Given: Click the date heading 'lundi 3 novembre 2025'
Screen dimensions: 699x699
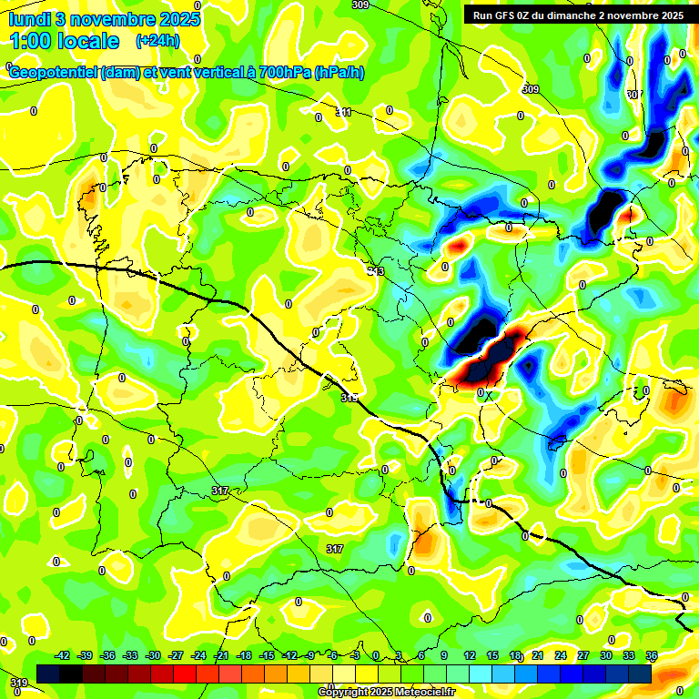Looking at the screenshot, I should (105, 18).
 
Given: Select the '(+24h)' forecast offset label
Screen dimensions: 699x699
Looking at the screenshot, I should (157, 41).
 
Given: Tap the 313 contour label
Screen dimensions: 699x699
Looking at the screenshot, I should (376, 271).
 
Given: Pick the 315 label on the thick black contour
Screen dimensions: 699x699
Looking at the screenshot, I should (349, 399).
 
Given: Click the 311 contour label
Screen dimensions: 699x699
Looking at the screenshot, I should (343, 112).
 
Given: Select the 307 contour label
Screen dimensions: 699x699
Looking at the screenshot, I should (634, 95).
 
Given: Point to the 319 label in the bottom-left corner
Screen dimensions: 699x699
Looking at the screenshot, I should (18, 683).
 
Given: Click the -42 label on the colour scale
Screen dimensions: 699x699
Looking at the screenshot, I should (63, 656).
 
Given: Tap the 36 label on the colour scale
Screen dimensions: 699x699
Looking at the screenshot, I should (652, 656).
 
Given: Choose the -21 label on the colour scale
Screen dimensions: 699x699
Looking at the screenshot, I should (221, 656).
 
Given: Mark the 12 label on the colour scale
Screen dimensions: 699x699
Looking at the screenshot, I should (470, 656).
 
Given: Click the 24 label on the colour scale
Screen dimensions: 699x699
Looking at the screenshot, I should (560, 656).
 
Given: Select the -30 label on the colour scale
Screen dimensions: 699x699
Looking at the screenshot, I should (153, 656).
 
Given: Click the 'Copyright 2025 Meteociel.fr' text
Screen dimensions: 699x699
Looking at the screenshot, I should (386, 692).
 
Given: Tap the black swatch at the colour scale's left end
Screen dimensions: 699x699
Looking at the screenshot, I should (48, 674).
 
